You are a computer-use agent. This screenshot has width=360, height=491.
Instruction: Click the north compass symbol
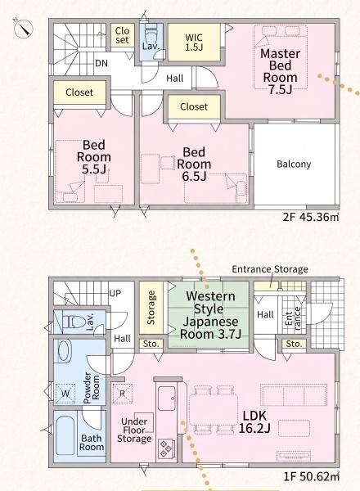pyautogui.click(x=24, y=28)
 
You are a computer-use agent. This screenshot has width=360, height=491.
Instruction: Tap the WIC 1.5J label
pyautogui.click(x=194, y=43)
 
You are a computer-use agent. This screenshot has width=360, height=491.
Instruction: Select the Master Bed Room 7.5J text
pyautogui.click(x=280, y=71)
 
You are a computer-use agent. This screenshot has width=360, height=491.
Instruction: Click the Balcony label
pyautogui.click(x=294, y=164)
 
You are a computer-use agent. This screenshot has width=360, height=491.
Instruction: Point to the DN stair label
pyautogui.click(x=101, y=63)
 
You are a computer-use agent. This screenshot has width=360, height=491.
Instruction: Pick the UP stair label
pyautogui.click(x=115, y=294)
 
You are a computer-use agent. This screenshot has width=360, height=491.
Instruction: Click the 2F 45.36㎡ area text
pyautogui.click(x=311, y=217)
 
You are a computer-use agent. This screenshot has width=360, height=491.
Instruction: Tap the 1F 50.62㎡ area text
pyautogui.click(x=312, y=476)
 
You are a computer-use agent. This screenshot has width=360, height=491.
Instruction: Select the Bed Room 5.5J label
pyautogui.click(x=93, y=157)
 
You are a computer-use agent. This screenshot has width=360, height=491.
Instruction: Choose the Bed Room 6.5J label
pyautogui.click(x=194, y=164)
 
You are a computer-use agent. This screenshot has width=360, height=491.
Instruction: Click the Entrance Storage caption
pyautogui.click(x=270, y=269)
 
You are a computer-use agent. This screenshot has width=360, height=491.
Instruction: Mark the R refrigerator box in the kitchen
pyautogui.click(x=123, y=394)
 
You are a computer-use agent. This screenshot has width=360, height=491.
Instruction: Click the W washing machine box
pyautogui.click(x=65, y=394)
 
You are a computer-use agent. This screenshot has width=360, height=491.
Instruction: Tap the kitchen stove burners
pyautogui.click(x=166, y=449)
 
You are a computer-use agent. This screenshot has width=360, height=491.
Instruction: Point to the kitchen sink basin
pyautogui.click(x=167, y=399)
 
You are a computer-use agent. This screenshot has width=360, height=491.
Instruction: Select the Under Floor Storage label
pyautogui.click(x=135, y=430)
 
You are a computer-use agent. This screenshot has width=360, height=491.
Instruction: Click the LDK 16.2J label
pyautogui.click(x=254, y=421)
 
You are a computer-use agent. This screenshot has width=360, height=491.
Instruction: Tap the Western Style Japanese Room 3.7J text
pyautogui.click(x=210, y=315)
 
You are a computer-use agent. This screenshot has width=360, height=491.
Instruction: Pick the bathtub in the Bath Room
pyautogui.click(x=65, y=435)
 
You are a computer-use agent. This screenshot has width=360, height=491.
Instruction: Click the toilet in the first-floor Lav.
pyautogui.click(x=74, y=322)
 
